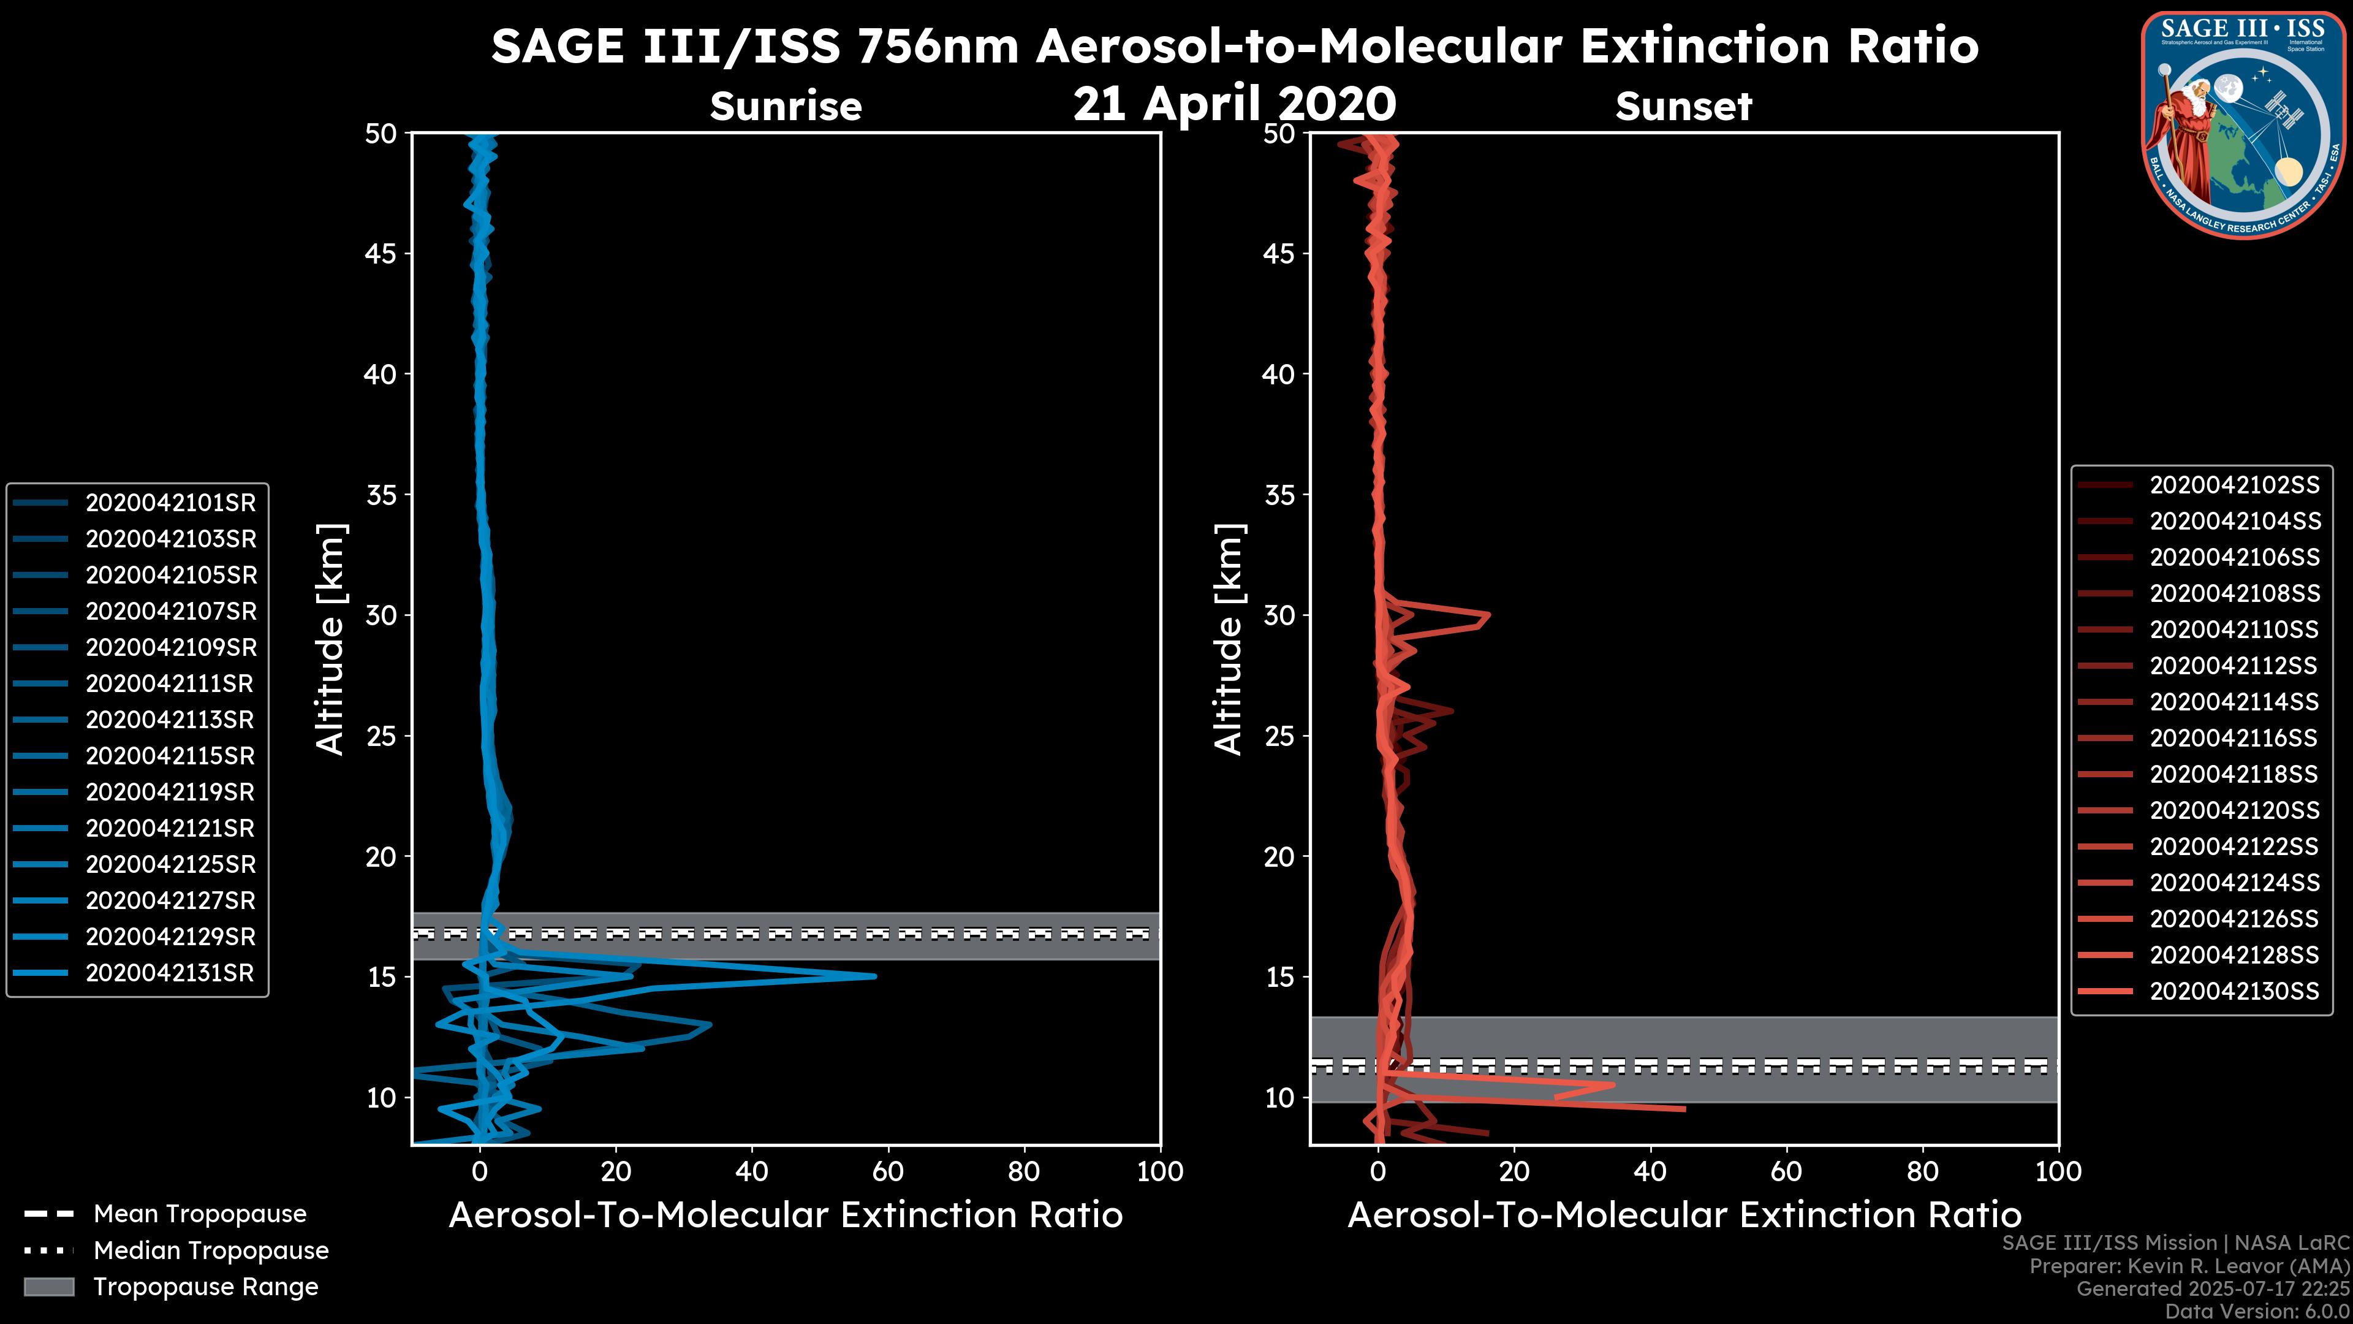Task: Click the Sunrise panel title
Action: pos(786,107)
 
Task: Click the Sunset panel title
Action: pos(1683,107)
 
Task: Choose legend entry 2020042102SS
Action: pos(2234,485)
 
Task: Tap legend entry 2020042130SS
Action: pos(2234,991)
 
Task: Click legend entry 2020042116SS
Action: pos(2234,738)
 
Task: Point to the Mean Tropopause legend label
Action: pos(200,1214)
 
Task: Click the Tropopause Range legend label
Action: pos(205,1287)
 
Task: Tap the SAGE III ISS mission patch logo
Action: pos(2243,125)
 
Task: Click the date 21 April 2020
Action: pos(1234,104)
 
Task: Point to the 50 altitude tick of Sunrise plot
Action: pos(381,134)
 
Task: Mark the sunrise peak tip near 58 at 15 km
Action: pos(874,976)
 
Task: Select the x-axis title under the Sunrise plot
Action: pos(786,1216)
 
